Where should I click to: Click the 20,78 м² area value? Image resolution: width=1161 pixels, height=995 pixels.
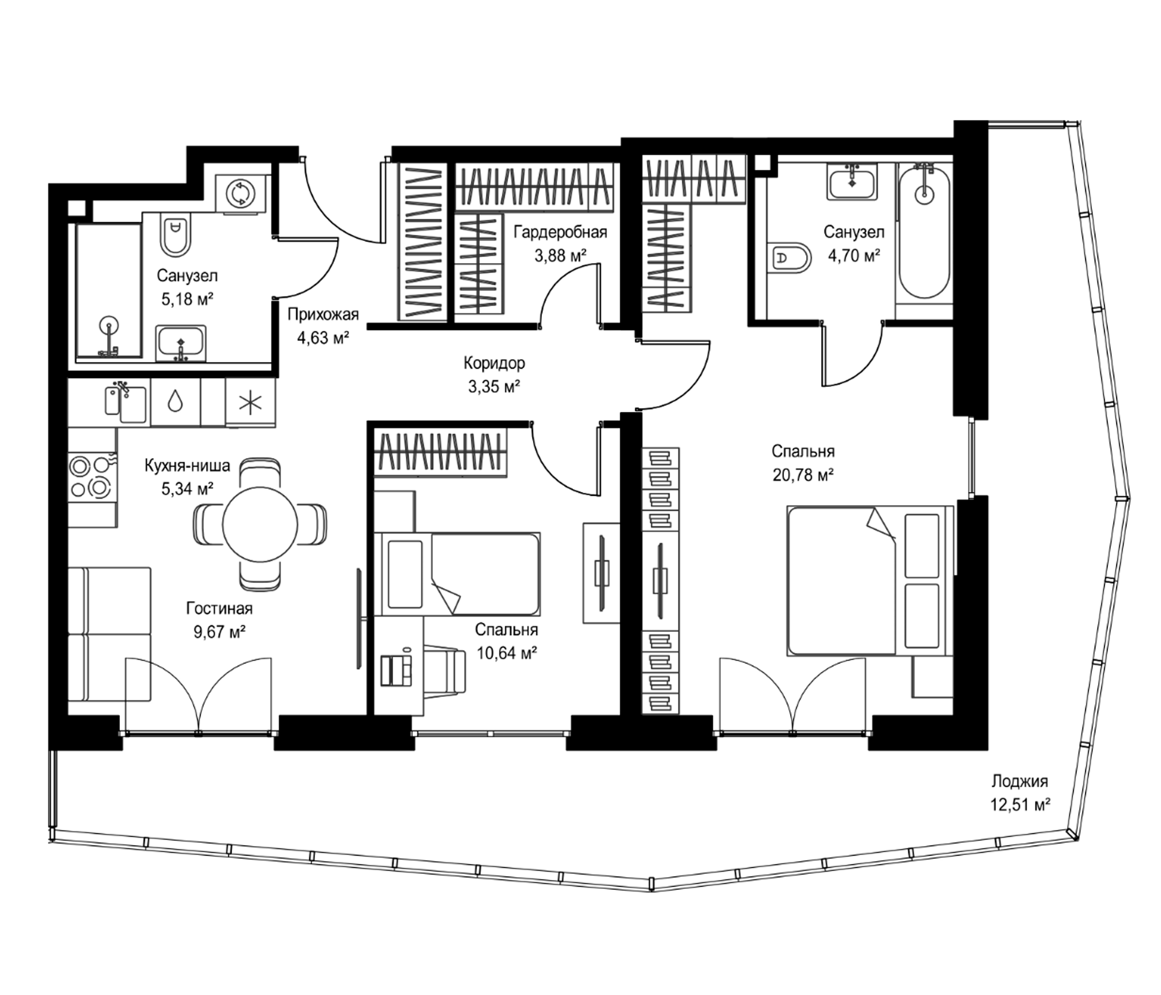click(803, 475)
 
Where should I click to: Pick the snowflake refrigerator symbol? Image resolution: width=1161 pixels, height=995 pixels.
click(250, 404)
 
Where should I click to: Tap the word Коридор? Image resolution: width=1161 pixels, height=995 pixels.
click(494, 363)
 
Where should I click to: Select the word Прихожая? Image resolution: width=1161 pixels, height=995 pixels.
click(323, 315)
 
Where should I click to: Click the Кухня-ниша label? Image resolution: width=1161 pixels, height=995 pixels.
click(187, 465)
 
